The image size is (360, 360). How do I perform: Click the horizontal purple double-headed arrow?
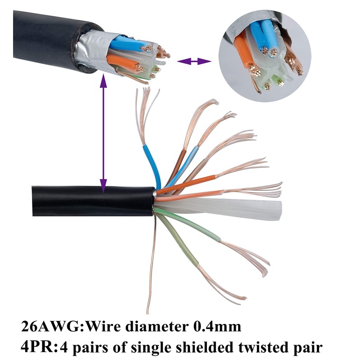[x=194, y=61]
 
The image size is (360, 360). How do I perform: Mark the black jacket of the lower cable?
[x=90, y=200]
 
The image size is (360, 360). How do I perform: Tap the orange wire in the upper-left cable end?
[x=119, y=60]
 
